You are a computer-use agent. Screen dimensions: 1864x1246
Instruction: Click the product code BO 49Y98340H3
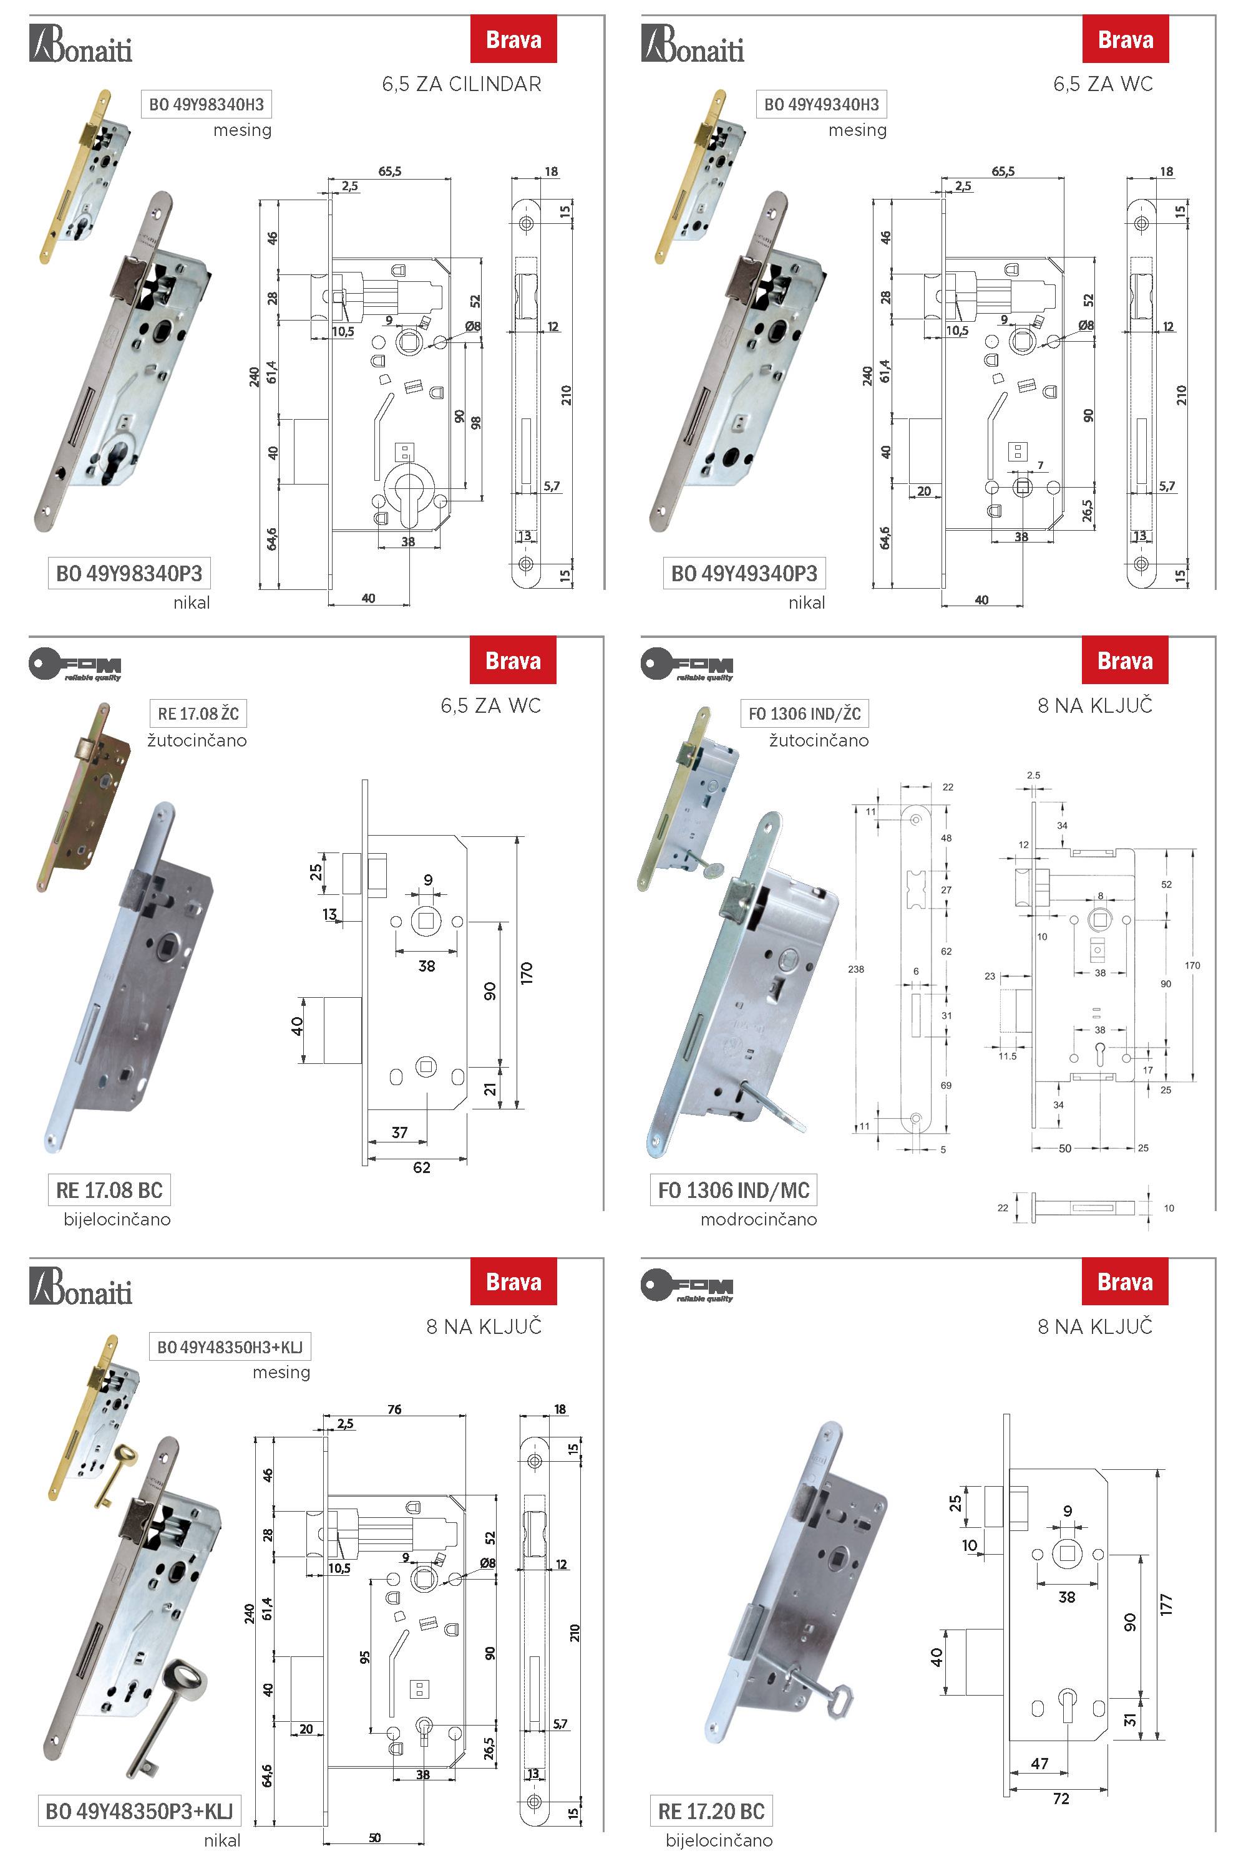point(206,104)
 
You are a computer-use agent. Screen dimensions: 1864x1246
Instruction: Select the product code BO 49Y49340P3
point(744,573)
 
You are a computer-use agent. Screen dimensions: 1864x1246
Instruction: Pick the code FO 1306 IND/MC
point(734,1190)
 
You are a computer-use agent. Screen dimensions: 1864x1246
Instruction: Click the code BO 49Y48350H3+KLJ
point(230,1347)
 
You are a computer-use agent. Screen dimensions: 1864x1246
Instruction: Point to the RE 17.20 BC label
point(711,1812)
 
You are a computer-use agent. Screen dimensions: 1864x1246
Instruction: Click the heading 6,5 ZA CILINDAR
point(462,84)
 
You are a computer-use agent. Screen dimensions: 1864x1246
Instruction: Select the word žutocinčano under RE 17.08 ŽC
point(197,740)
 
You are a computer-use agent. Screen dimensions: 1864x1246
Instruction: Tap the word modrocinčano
point(758,1219)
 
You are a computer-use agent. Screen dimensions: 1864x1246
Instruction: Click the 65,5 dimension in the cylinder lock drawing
point(389,171)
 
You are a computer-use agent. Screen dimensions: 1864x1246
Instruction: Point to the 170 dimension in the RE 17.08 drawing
point(526,973)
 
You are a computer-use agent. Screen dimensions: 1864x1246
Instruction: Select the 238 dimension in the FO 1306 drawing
point(856,969)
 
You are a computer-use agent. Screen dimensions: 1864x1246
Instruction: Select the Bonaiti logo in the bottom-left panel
point(81,1287)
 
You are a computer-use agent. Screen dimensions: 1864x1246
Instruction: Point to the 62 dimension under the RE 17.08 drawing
point(421,1167)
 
